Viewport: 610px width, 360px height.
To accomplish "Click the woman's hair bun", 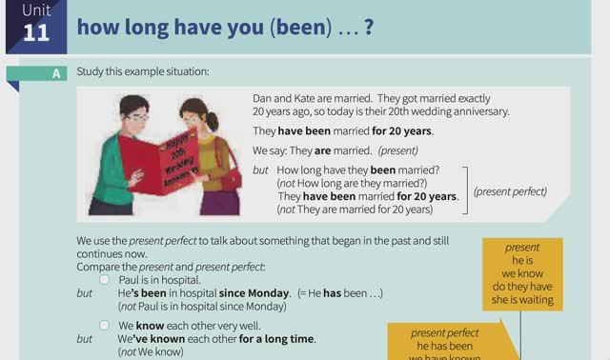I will click(x=213, y=122).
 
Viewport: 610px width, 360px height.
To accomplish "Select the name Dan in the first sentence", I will click(x=262, y=98).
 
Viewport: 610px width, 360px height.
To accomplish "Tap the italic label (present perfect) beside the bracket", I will click(x=510, y=190).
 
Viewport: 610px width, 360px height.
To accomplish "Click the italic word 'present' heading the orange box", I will click(x=522, y=247).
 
